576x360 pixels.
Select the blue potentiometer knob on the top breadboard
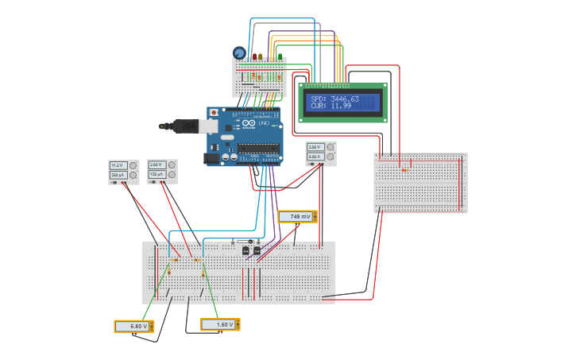(x=239, y=52)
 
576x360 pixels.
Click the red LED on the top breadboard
(x=254, y=56)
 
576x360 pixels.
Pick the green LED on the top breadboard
(x=279, y=56)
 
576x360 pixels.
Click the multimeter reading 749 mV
(x=298, y=216)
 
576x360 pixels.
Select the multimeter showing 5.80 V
(x=134, y=326)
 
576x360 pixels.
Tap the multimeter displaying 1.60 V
(x=220, y=324)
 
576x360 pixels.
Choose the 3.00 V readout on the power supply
(x=157, y=165)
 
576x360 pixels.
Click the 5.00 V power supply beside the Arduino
(x=321, y=153)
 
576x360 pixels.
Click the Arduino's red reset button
(x=213, y=113)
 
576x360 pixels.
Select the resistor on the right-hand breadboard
(x=404, y=169)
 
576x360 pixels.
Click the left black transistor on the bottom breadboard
(x=246, y=250)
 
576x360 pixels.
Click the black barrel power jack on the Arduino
(x=212, y=157)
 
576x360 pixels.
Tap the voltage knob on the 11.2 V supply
(x=133, y=165)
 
